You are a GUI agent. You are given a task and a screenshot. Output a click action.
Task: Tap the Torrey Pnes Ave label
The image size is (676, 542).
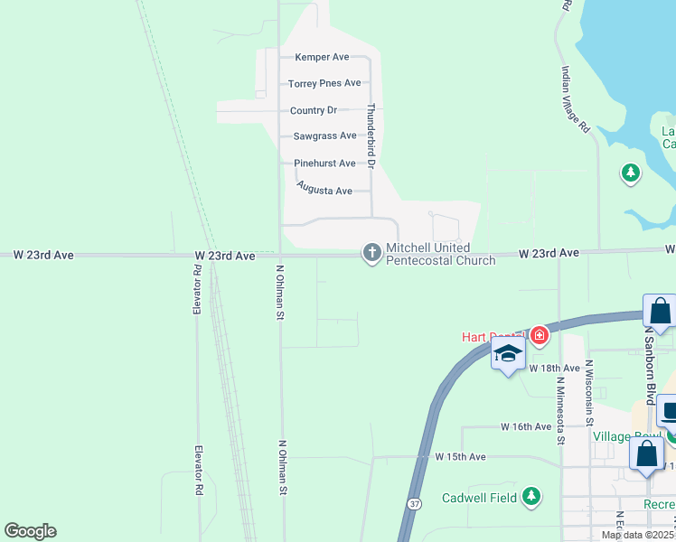coord(324,83)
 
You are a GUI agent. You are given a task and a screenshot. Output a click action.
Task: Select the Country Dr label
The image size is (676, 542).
coord(314,110)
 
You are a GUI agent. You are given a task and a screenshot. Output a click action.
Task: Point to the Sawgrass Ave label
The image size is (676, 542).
coord(324,136)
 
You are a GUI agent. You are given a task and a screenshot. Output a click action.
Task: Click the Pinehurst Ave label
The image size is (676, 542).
coord(324,164)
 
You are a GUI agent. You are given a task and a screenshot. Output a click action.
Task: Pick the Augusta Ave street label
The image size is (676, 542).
coord(324,191)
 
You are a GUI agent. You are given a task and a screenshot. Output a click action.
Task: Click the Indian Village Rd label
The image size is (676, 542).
coord(576,99)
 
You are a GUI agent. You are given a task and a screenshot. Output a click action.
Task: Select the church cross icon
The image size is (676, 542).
coord(371,254)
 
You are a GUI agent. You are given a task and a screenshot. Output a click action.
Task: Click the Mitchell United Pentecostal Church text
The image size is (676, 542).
coord(441,254)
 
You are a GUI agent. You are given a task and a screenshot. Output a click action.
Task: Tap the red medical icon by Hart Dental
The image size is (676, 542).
coord(540,336)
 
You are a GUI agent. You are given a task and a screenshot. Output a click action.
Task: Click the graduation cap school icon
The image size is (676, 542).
coord(508,354)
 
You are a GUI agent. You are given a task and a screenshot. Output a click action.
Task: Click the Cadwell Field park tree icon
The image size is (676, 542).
coord(532,496)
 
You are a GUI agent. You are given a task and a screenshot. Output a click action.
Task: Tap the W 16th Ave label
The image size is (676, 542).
coord(526,426)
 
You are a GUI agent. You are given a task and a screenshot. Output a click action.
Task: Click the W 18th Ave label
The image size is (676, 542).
coord(554,369)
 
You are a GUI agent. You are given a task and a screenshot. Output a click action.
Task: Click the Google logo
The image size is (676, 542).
coord(30,531)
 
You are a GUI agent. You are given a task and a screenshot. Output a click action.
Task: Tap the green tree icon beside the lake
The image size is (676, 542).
coord(631,172)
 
